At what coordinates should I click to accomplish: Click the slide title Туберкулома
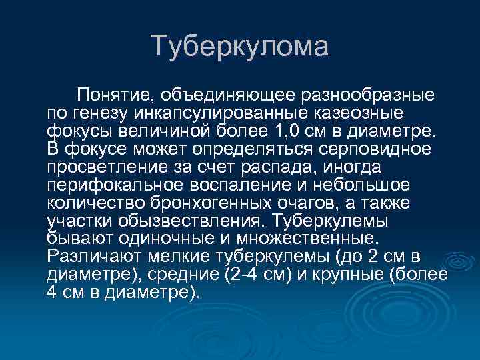pos(240,46)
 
